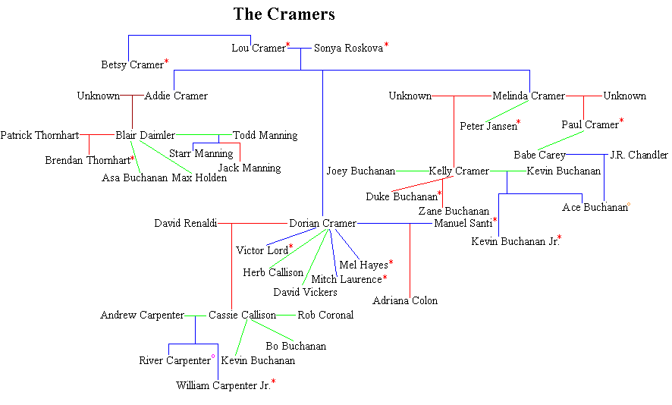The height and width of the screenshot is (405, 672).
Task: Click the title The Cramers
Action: (x=284, y=14)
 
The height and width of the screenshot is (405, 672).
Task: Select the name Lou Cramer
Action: (x=258, y=49)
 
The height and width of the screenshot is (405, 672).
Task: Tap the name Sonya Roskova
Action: (x=348, y=49)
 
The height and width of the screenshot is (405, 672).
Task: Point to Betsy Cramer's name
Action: (x=132, y=65)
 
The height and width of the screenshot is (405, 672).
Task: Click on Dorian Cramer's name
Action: (x=322, y=224)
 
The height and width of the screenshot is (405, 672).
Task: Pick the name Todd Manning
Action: (x=265, y=136)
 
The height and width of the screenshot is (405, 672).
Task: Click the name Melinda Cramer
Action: (x=528, y=96)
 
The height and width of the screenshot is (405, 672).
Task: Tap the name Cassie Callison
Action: (x=242, y=316)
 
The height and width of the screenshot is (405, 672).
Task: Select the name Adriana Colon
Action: (x=405, y=301)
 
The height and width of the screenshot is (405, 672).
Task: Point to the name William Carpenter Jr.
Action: (x=223, y=386)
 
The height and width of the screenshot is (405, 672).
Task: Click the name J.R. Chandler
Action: (x=639, y=155)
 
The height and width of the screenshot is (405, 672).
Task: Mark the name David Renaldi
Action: (x=185, y=224)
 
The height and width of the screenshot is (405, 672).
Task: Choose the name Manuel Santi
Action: (x=463, y=224)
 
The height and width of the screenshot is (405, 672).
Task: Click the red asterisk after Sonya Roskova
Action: (x=386, y=46)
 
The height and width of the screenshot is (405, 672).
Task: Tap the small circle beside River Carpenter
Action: (x=213, y=356)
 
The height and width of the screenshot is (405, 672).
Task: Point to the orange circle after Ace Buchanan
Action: (x=629, y=204)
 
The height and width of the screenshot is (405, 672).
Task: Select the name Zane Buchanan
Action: (x=454, y=212)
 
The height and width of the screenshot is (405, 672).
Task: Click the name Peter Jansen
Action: (x=488, y=126)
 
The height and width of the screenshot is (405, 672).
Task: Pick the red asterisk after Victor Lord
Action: (x=290, y=247)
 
